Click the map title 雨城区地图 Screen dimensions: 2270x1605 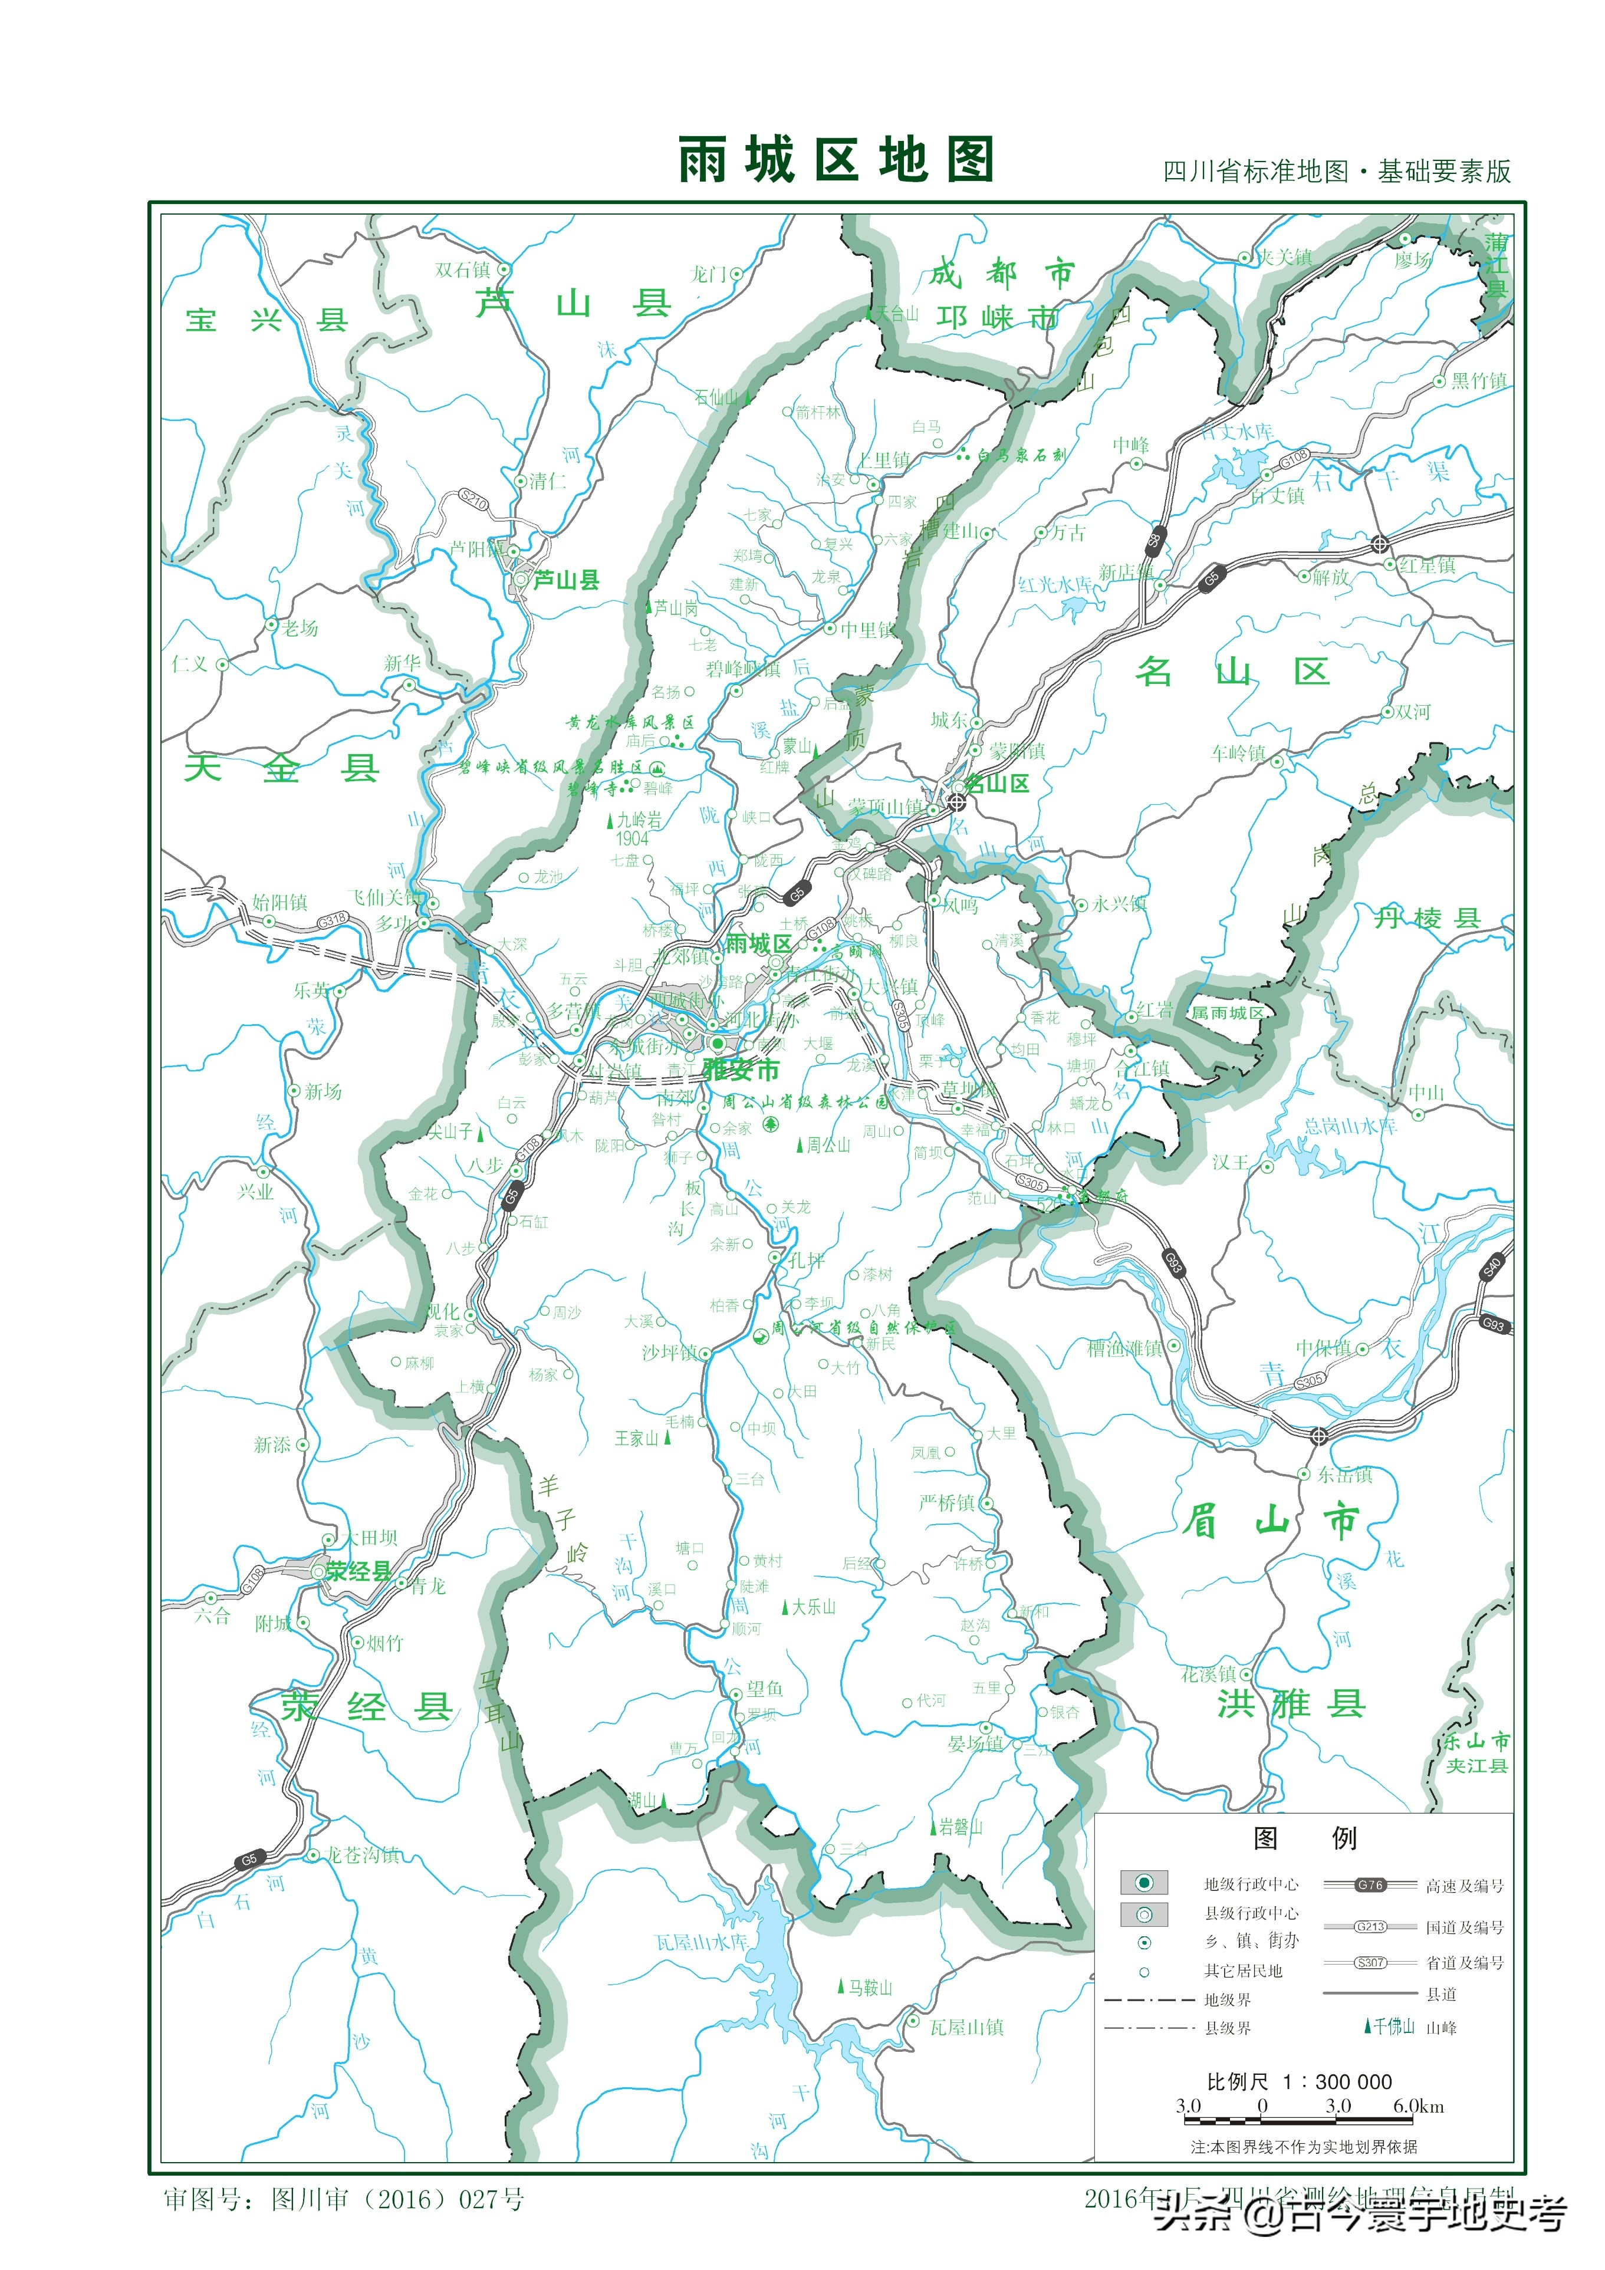(x=836, y=160)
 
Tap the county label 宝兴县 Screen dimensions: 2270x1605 (x=267, y=320)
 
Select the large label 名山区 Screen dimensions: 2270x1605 (x=1232, y=672)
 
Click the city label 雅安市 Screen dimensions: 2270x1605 (x=742, y=1069)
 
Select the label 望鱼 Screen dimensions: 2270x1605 (x=764, y=1689)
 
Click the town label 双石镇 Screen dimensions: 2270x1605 (x=463, y=270)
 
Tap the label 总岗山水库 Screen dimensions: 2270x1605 (x=1350, y=1126)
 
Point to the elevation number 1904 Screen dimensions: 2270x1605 (x=632, y=838)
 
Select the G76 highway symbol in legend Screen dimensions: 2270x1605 (x=1370, y=1884)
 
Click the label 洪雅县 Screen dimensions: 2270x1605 (x=1291, y=1703)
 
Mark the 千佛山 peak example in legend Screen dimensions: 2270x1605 (x=1394, y=2026)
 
